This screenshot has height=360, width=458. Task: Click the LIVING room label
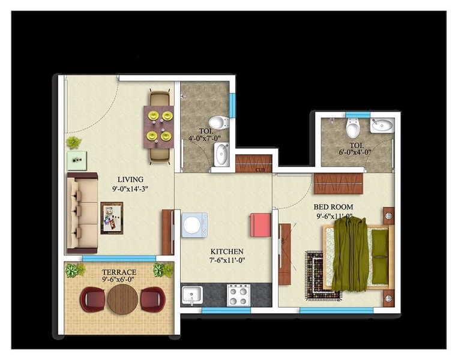pyautogui.click(x=130, y=179)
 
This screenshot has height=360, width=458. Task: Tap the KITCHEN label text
pyautogui.click(x=227, y=251)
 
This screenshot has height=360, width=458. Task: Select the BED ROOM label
pyautogui.click(x=333, y=207)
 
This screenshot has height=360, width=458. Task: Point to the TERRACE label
pyautogui.click(x=118, y=272)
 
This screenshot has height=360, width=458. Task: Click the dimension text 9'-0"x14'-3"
pyautogui.click(x=130, y=189)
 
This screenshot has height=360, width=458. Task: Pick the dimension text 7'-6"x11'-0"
pyautogui.click(x=227, y=260)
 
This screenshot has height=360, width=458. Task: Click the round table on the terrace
pyautogui.click(x=122, y=299)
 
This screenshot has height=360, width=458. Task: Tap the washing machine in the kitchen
pyautogui.click(x=194, y=225)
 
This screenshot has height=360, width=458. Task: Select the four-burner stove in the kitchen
pyautogui.click(x=238, y=295)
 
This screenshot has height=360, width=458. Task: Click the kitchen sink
pyautogui.click(x=192, y=295)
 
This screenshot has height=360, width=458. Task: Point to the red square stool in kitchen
pyautogui.click(x=261, y=225)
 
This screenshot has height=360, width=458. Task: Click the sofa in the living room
pyautogui.click(x=82, y=212)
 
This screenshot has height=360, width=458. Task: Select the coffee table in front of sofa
pyautogui.click(x=112, y=218)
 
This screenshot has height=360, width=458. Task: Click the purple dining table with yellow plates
pyautogui.click(x=158, y=127)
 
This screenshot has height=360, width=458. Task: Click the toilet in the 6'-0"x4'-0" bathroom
pyautogui.click(x=353, y=128)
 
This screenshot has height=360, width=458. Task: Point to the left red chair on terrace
pyautogui.click(x=92, y=299)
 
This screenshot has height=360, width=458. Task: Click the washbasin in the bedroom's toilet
pyautogui.click(x=382, y=126)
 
